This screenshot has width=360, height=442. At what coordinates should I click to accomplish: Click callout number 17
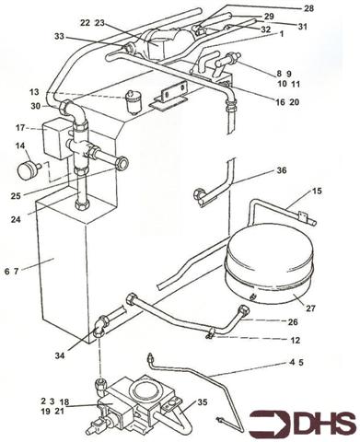pyautogui.click(x=19, y=128)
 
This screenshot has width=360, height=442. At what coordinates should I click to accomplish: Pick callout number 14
pyautogui.click(x=19, y=146)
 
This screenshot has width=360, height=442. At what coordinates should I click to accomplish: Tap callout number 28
pyautogui.click(x=308, y=8)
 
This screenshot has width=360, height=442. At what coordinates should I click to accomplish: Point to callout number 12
pyautogui.click(x=294, y=341)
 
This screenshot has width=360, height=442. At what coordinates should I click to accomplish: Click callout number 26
pyautogui.click(x=293, y=322)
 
